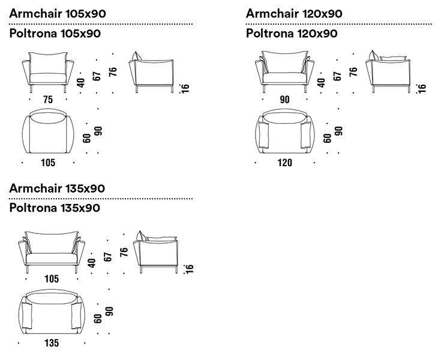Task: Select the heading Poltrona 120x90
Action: (292, 34)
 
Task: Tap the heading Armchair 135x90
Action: (57, 188)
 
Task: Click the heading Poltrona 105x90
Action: (55, 34)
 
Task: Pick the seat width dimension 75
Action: (48, 99)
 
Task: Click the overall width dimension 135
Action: (52, 344)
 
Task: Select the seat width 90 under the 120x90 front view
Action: (284, 99)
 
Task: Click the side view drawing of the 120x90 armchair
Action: (391, 73)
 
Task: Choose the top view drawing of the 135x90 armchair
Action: (52, 312)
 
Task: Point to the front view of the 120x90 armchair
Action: (284, 71)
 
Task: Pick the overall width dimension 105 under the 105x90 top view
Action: (48, 163)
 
